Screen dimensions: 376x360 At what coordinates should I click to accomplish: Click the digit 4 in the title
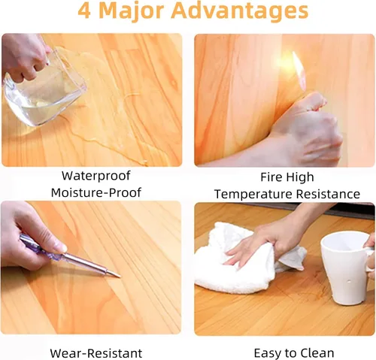[84, 11]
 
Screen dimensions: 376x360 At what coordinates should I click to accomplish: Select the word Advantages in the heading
[240, 12]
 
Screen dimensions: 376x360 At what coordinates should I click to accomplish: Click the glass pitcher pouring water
[44, 90]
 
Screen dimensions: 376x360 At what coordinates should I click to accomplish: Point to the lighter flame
[299, 69]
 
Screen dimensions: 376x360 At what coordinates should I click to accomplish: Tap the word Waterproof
[96, 176]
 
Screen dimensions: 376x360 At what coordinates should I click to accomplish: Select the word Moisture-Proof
[96, 192]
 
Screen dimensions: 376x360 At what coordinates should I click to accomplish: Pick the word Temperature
[253, 194]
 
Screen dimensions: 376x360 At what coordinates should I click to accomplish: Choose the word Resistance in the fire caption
[328, 194]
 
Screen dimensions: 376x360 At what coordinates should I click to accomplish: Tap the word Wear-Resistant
[96, 353]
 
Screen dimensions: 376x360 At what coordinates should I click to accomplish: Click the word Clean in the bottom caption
[318, 353]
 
